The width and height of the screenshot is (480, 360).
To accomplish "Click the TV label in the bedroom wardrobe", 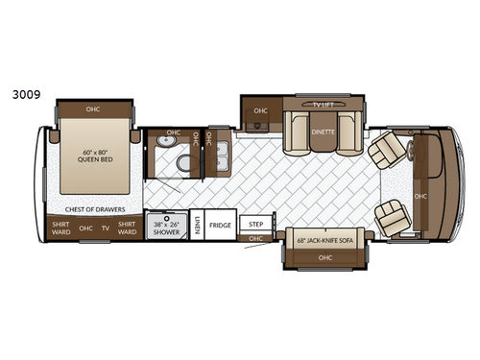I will click(106, 228).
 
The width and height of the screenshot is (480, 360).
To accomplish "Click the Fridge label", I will click(221, 225).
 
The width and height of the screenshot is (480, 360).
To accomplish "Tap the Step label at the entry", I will click(255, 224).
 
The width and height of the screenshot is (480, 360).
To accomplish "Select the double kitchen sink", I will click(222, 154).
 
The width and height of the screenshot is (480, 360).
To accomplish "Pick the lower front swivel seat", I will click(393, 218).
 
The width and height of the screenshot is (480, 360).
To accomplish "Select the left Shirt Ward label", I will click(60, 228).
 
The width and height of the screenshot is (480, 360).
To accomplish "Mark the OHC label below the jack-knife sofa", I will click(324, 256).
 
